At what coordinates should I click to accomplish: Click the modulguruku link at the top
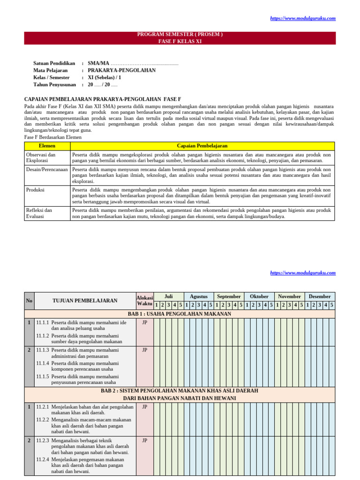(x=303, y=18)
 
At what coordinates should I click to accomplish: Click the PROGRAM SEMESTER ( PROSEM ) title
(x=180, y=35)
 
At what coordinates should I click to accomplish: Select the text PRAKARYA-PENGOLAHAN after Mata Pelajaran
(x=122, y=70)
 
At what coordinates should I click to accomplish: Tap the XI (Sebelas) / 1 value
(x=105, y=77)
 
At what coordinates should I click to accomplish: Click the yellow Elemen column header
(x=47, y=146)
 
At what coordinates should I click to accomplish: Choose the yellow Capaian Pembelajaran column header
(x=202, y=146)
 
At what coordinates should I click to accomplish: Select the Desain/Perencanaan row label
(x=47, y=169)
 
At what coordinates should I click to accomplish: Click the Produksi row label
(x=35, y=190)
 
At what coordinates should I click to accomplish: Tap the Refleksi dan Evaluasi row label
(x=39, y=213)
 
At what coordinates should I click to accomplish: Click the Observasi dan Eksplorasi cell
(x=41, y=157)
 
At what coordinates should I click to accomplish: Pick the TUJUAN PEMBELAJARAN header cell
(x=85, y=300)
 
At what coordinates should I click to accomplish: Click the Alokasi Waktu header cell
(x=144, y=300)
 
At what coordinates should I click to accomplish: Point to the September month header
(x=229, y=296)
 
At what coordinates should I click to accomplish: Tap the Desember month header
(x=320, y=296)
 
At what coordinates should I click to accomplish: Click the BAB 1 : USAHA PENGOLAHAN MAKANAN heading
(x=180, y=314)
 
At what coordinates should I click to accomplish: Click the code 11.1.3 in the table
(x=43, y=350)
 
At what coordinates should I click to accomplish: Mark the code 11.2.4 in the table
(x=43, y=460)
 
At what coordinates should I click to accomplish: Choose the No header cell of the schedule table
(x=29, y=300)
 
